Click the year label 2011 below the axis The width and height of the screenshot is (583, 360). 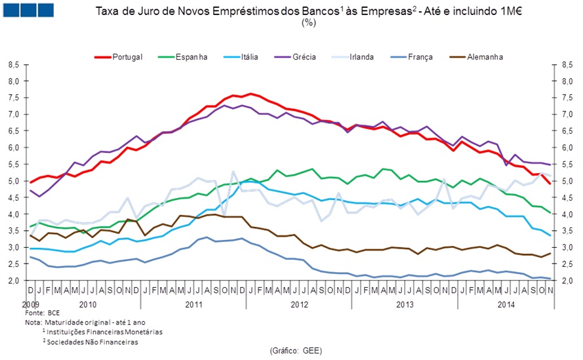(193, 305)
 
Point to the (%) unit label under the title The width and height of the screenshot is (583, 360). (309, 22)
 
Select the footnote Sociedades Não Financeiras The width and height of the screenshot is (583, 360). (92, 341)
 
